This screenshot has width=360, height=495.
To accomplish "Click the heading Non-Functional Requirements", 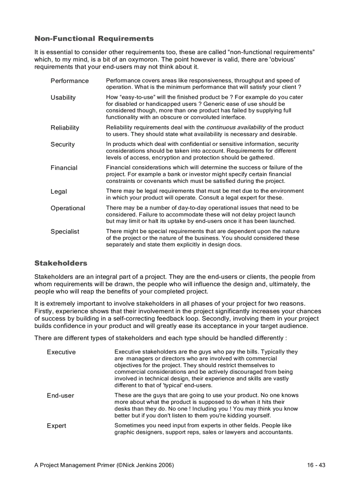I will pos(94,39).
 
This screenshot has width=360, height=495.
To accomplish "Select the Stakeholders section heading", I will pos(61,263).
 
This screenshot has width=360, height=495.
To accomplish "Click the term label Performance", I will pos(69,81).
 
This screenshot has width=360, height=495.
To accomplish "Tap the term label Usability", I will pos(63,97).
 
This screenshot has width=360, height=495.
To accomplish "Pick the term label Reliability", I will pos(65,128).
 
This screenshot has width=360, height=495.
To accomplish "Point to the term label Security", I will pos(63,145).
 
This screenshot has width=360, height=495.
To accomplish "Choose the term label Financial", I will pos(64,168).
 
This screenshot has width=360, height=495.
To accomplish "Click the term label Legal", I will pos(59,192).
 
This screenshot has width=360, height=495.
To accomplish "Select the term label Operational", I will pos(68,208).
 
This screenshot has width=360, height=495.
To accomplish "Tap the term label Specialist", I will pos(65,232).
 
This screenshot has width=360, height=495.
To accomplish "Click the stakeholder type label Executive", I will pos(61,352).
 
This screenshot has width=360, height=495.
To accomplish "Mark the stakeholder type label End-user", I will pos(60,396).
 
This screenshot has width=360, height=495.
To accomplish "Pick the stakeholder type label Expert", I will pos(56,426).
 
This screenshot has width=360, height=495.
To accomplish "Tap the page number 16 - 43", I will pos(316,465).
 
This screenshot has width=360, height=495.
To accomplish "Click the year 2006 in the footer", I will pos(163,465).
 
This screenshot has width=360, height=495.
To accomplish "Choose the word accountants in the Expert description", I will pos(275,432).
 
